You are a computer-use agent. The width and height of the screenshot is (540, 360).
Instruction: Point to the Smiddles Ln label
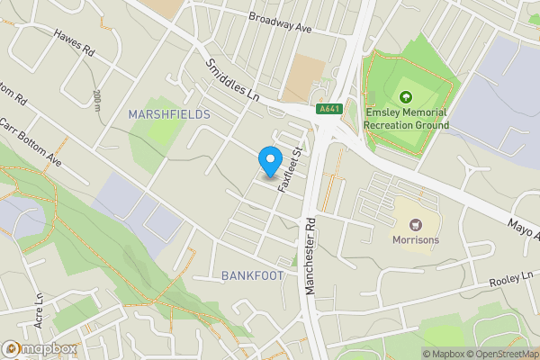(x=231, y=80)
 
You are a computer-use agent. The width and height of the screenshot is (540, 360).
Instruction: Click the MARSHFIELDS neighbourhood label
(x=169, y=114)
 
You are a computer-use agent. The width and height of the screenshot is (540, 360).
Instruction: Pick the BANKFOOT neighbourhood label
(x=253, y=274)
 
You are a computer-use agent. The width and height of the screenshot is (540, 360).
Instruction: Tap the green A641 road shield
(x=330, y=109)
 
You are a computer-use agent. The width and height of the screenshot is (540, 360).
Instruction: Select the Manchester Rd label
(x=310, y=262)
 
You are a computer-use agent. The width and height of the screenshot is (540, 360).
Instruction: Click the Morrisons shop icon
(x=414, y=224)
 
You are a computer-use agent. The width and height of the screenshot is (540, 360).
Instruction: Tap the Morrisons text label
(x=415, y=240)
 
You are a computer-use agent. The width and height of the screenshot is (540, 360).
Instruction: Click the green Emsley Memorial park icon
(x=404, y=96)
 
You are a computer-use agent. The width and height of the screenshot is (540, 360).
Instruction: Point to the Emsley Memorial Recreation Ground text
(x=408, y=119)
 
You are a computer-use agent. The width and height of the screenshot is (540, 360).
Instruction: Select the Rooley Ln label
(x=512, y=280)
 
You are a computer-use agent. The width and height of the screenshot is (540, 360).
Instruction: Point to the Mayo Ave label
(x=524, y=235)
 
